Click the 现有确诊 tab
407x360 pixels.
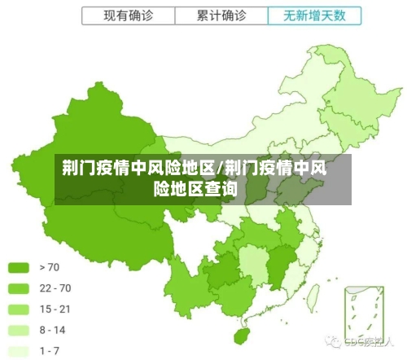[x=128, y=15]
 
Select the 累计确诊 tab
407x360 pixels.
[x=221, y=15]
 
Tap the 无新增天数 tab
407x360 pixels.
[x=314, y=15]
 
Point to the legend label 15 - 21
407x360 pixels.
[x=55, y=310]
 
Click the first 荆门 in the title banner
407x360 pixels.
[x=78, y=169]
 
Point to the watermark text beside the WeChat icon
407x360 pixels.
[x=367, y=342]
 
